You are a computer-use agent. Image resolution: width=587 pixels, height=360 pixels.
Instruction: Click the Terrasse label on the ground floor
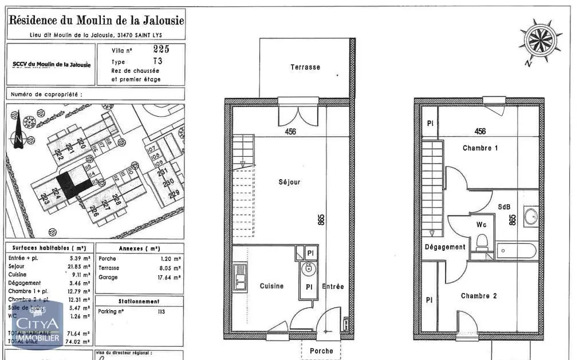point(305,67)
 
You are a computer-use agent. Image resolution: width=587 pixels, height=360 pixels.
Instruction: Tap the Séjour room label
point(289,182)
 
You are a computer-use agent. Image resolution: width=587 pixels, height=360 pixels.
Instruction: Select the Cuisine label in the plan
point(271,286)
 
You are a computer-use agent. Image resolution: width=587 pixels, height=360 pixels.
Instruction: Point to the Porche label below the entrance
point(321,351)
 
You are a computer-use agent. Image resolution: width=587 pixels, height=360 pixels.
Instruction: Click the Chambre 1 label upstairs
point(480,148)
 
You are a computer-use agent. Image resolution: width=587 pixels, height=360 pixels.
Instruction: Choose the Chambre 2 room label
point(479,296)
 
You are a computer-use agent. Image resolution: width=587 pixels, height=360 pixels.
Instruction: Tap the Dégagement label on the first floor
point(445,247)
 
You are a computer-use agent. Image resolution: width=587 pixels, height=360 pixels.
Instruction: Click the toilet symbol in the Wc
point(482,240)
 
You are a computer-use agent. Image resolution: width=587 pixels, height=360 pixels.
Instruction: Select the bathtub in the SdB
point(516,250)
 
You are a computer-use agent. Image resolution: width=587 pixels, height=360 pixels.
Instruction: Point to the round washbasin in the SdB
point(531,216)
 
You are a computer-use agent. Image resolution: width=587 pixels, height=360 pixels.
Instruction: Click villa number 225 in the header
point(161,49)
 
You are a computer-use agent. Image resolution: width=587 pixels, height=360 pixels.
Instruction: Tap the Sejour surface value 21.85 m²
point(78,267)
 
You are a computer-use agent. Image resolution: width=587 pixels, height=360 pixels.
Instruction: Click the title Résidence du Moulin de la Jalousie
point(96,21)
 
